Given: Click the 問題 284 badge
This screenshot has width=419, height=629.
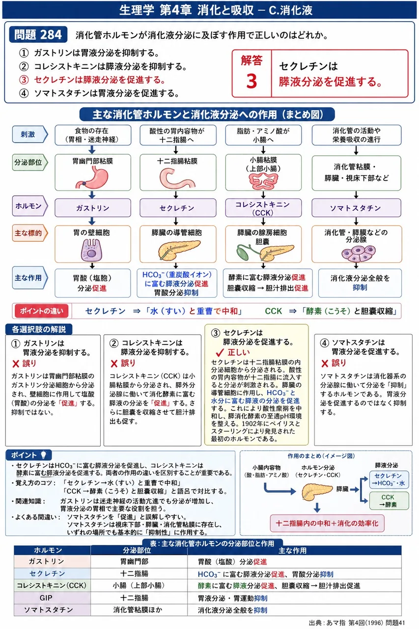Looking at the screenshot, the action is pyautogui.click(x=38, y=34).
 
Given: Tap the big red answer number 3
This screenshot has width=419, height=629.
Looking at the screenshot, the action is pyautogui.click(x=251, y=81).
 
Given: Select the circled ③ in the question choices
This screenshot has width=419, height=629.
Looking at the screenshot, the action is pyautogui.click(x=24, y=80).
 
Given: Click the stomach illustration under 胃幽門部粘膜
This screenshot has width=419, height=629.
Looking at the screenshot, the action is pyautogui.click(x=93, y=177).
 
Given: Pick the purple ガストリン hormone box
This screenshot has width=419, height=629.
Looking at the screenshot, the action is pyautogui.click(x=93, y=208).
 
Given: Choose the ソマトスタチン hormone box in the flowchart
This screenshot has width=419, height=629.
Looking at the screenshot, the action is pyautogui.click(x=356, y=208).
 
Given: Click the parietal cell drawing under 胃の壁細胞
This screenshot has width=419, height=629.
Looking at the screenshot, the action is pyautogui.click(x=91, y=250).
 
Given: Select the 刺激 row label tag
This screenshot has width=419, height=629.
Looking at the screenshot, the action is pyautogui.click(x=29, y=134).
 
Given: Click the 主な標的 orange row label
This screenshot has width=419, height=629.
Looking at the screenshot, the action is pyautogui.click(x=29, y=233).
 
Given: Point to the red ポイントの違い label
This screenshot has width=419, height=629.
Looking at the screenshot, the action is pyautogui.click(x=42, y=311).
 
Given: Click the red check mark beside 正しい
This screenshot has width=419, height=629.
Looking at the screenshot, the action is pyautogui.click(x=220, y=352).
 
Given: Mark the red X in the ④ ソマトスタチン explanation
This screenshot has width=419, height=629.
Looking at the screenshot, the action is pyautogui.click(x=325, y=364).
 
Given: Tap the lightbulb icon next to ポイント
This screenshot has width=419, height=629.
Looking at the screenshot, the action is pyautogui.click(x=44, y=455).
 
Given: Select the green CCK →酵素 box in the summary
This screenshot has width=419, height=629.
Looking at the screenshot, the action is pyautogui.click(x=389, y=501).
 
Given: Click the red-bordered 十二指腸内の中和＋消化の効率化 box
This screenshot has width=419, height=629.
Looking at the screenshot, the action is pyautogui.click(x=327, y=523).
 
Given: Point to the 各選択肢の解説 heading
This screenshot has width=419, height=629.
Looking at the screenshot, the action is pyautogui.click(x=39, y=329).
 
